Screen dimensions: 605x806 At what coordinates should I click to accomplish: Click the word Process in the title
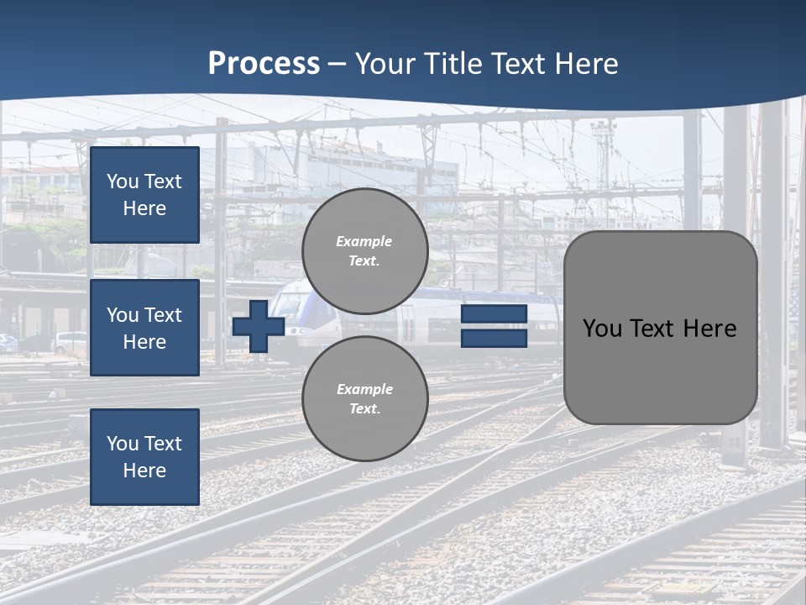[x=264, y=64]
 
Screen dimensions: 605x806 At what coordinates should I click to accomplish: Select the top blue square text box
[x=144, y=195]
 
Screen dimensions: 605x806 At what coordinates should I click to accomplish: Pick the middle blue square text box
[x=144, y=328]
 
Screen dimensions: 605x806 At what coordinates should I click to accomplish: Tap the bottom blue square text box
[x=144, y=456]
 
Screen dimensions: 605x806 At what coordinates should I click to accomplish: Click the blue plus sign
[x=259, y=326]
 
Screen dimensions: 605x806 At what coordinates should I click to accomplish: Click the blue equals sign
[x=494, y=326]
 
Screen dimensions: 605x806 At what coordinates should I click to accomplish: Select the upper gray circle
[x=365, y=251]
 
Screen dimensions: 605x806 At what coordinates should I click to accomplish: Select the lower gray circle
[x=365, y=398]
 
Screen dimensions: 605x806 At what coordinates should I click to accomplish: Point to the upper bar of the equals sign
[x=494, y=313]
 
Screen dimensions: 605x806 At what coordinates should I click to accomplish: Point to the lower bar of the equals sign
[x=494, y=339]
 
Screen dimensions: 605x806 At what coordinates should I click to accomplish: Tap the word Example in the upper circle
[x=364, y=241]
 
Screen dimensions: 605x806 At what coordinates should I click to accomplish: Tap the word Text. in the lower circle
[x=364, y=409]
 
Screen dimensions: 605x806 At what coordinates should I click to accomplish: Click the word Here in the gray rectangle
[x=709, y=329]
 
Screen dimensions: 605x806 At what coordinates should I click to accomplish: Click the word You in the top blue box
[x=123, y=181]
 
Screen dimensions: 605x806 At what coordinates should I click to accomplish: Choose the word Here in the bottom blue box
[x=144, y=471]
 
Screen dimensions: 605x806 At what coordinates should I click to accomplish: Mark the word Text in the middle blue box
[x=163, y=315]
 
